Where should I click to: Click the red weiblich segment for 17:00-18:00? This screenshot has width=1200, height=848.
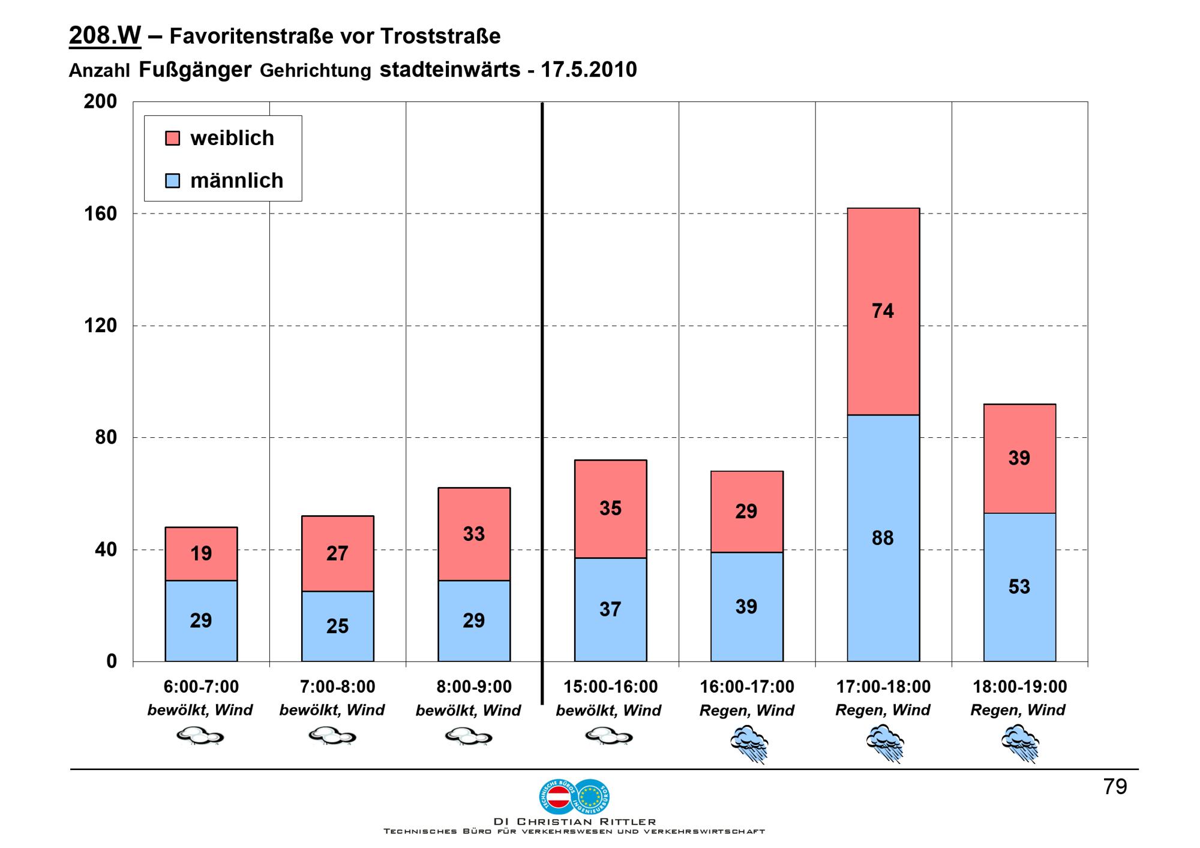[x=883, y=311]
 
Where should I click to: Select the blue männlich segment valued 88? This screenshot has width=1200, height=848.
[x=883, y=538]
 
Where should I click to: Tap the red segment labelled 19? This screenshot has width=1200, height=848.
[x=201, y=554]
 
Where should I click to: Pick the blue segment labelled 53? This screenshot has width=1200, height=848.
[x=1019, y=587]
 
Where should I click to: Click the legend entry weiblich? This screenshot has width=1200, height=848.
[x=232, y=138]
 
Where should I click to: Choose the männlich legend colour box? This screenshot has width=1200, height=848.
[x=173, y=181]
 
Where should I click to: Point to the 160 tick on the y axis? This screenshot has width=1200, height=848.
[x=100, y=213]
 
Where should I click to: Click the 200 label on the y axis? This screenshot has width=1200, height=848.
[x=100, y=101]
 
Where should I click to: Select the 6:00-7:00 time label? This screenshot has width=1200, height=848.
[x=201, y=687]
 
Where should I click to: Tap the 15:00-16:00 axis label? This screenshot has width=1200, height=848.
[x=610, y=687]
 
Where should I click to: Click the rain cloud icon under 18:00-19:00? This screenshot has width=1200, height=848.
[x=1020, y=743]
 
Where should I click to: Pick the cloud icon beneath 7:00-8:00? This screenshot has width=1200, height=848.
[x=332, y=736]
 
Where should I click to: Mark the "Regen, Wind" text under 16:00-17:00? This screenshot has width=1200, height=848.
[x=746, y=711]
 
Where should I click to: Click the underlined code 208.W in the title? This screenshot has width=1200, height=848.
[x=105, y=36]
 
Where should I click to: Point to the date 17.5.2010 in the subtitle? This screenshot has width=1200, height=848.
[x=589, y=70]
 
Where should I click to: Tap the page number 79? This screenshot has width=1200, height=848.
[x=1115, y=787]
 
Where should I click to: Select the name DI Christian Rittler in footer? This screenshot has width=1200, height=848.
[x=574, y=822]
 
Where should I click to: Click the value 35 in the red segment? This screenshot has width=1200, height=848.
[x=610, y=509]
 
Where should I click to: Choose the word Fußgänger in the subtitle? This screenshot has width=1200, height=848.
[x=195, y=70]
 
